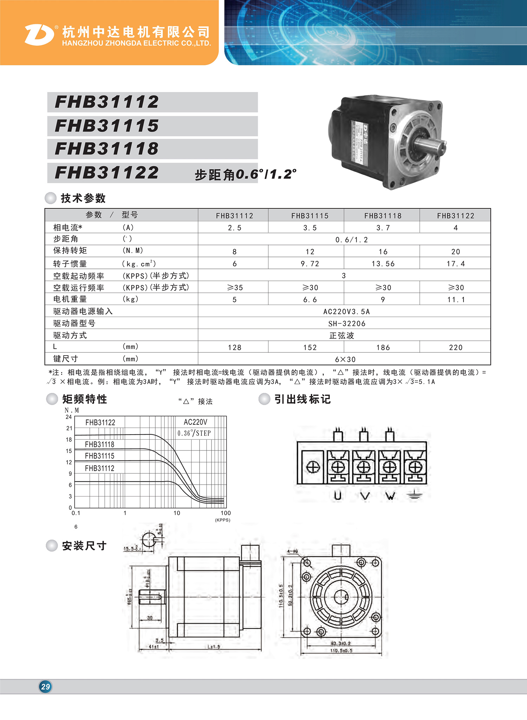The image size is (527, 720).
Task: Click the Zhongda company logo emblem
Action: pyautogui.click(x=39, y=35)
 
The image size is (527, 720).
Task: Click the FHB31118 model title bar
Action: pyautogui.click(x=152, y=149)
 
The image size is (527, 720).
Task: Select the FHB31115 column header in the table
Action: pyautogui.click(x=310, y=216)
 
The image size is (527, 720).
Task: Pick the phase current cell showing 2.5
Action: pyautogui.click(x=234, y=228)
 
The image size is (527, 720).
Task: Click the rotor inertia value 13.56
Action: pyautogui.click(x=383, y=264)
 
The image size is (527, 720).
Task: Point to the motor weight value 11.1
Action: pyautogui.click(x=456, y=299)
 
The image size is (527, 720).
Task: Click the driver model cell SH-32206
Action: pyautogui.click(x=346, y=323)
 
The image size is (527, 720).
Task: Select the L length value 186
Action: pyautogui.click(x=383, y=348)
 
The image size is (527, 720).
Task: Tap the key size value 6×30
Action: pyautogui.click(x=345, y=359)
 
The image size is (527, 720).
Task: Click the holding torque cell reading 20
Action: pyautogui.click(x=456, y=252)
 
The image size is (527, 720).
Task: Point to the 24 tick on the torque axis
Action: pyautogui.click(x=69, y=417)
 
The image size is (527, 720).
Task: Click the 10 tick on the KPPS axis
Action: pyautogui.click(x=177, y=513)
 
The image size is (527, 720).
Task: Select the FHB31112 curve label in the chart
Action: pyautogui.click(x=99, y=468)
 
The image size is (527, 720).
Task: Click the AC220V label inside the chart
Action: pyautogui.click(x=195, y=422)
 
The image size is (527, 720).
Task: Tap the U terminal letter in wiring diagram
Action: pyautogui.click(x=338, y=495)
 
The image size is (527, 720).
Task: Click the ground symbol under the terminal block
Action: pyautogui.click(x=415, y=495)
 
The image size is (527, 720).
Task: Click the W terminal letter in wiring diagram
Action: pyautogui.click(x=390, y=495)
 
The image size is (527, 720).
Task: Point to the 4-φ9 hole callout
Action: pyautogui.click(x=292, y=551)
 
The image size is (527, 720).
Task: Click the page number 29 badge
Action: pyautogui.click(x=45, y=686)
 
